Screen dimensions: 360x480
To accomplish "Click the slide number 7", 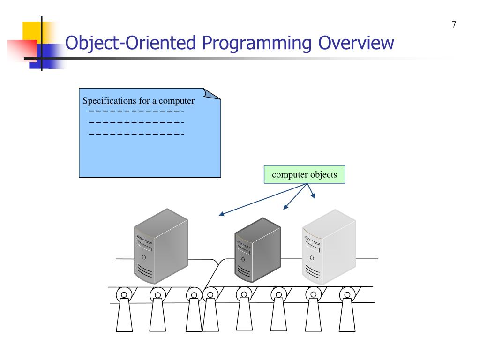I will tap(454, 25).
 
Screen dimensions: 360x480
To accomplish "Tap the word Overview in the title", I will tap(357, 44).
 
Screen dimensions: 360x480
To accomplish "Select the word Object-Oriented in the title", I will tap(130, 44).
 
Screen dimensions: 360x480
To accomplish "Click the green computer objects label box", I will tap(304, 174).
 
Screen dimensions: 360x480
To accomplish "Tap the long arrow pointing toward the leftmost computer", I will tap(262, 200).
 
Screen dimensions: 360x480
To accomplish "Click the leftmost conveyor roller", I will tap(124, 295).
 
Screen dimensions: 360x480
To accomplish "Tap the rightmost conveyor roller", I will tap(347, 295).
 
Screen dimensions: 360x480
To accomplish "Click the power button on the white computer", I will tap(312, 257).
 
